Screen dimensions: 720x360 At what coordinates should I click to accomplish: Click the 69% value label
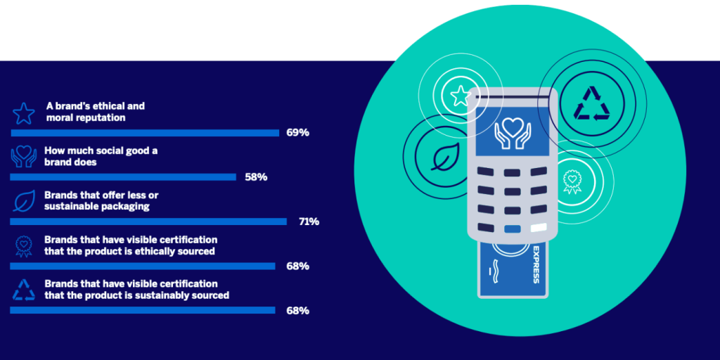[x=297, y=133]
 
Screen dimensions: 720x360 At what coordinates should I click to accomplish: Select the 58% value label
[x=256, y=177]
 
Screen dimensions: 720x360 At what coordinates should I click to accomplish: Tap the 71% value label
[x=309, y=221]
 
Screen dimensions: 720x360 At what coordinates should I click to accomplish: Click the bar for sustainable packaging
[x=148, y=221]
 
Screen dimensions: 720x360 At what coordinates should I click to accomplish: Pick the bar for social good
[x=123, y=177]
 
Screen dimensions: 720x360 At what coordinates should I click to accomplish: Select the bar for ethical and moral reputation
[x=145, y=133]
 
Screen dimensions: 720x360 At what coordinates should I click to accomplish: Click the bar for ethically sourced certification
[x=142, y=266]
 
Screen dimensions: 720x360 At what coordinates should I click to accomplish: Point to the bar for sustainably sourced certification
[x=142, y=310]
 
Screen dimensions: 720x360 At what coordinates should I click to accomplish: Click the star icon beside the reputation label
[x=23, y=113]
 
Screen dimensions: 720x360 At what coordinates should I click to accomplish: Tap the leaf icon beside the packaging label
[x=23, y=202]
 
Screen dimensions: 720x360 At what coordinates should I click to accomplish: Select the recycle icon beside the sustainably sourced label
[x=23, y=290]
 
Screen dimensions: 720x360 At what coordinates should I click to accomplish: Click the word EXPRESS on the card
[x=535, y=265]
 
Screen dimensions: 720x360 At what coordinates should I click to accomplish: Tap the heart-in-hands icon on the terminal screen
[x=512, y=133]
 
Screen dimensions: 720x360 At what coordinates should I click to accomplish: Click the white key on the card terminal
[x=539, y=227]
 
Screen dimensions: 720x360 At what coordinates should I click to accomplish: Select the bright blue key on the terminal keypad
[x=512, y=229]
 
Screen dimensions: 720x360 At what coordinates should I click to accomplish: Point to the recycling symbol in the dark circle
[x=592, y=104]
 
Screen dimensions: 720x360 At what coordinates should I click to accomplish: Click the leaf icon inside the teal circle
[x=443, y=157]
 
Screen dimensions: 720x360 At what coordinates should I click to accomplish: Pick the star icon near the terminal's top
[x=460, y=96]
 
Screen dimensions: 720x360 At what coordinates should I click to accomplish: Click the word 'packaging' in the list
[x=124, y=207]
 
